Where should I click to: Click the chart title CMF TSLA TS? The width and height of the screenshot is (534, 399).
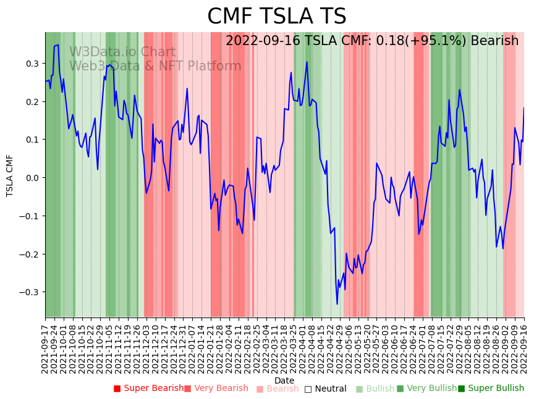(x=276, y=17)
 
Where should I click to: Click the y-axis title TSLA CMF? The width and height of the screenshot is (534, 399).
(x=10, y=175)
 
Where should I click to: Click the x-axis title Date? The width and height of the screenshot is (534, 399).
(x=284, y=380)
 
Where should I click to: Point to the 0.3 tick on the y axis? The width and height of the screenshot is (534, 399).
(x=32, y=64)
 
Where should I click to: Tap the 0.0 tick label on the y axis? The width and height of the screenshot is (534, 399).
(x=32, y=178)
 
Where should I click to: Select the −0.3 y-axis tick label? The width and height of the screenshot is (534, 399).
(x=30, y=292)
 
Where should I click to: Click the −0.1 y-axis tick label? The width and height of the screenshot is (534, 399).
(x=30, y=216)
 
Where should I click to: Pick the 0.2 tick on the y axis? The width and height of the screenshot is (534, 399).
(x=32, y=102)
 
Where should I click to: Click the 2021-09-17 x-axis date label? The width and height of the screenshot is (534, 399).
(x=46, y=346)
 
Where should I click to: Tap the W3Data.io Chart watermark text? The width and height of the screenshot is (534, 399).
(x=122, y=52)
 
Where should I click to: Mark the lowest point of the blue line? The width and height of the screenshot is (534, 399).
(x=337, y=304)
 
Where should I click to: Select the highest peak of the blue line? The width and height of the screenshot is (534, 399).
(x=57, y=45)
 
